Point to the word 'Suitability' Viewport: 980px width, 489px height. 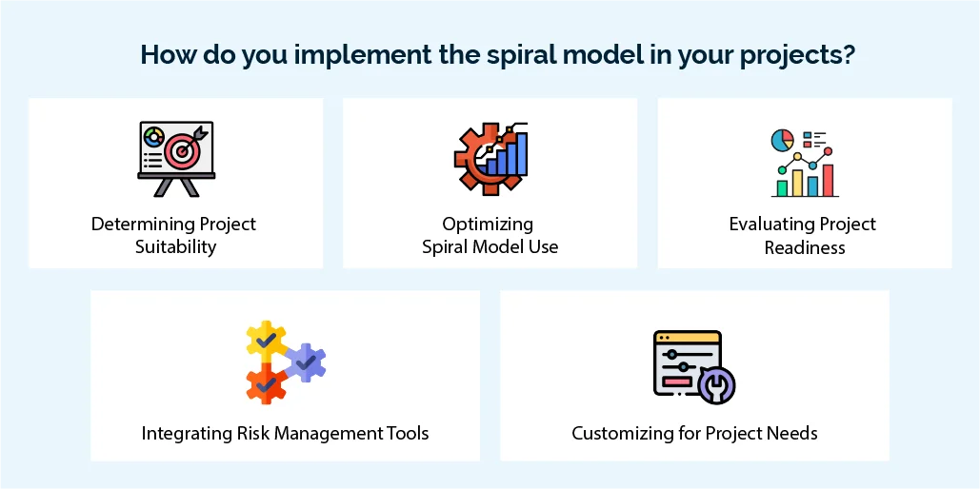click(175, 247)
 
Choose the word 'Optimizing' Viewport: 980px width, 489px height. click(488, 225)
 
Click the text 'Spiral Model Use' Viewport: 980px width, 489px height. click(490, 247)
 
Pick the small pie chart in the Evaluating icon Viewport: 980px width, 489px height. click(782, 140)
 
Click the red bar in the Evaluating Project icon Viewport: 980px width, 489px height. click(829, 180)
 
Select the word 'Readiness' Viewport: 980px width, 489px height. click(804, 247)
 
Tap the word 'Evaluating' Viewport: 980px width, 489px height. click(767, 225)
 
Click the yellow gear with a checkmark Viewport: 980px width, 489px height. click(266, 340)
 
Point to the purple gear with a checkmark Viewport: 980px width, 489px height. click(306, 362)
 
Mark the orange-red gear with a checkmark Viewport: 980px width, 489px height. click(266, 382)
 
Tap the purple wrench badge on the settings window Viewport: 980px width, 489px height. click(715, 385)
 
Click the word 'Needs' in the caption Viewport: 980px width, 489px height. click(793, 434)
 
